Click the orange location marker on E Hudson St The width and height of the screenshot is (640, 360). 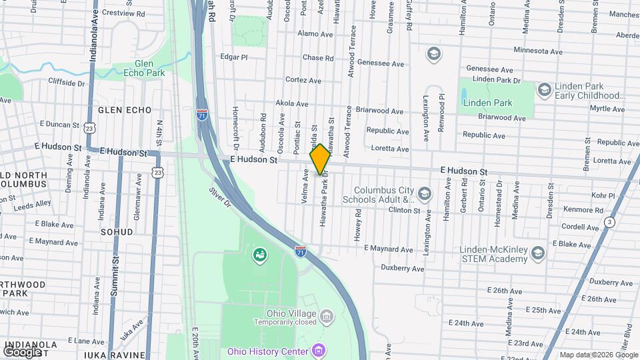click(320, 159)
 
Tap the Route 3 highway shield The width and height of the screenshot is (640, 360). click(609, 221)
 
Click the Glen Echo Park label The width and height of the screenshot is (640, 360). click(143, 69)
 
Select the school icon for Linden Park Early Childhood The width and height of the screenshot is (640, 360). click(543, 89)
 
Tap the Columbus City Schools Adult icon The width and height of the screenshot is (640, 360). click(425, 194)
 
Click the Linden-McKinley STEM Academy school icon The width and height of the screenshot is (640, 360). click(538, 253)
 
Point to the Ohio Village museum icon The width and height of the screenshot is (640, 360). click(326, 315)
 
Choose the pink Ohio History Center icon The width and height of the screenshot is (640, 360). click(319, 351)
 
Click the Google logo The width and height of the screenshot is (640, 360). click(22, 351)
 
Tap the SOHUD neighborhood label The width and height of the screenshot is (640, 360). click(116, 232)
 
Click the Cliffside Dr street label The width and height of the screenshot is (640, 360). click(67, 83)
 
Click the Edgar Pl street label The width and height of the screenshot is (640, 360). click(233, 57)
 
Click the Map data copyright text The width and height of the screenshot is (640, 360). click(598, 355)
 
